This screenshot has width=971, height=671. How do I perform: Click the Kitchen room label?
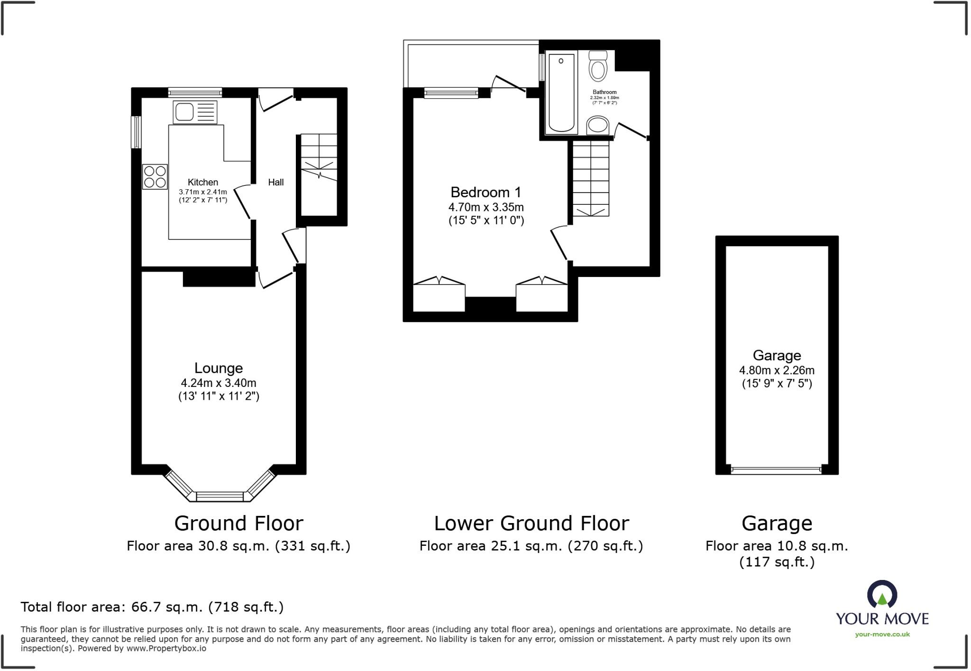[x=202, y=182]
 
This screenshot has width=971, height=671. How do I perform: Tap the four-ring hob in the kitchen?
[x=155, y=176]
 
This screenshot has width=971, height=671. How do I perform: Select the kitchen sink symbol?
[x=195, y=112]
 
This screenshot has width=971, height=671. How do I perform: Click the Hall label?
[x=275, y=182]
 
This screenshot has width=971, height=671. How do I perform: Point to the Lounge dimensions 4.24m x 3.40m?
[x=218, y=383]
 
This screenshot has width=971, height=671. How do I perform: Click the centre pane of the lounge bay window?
[x=219, y=496]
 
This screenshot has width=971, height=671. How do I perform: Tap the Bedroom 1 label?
[x=485, y=192]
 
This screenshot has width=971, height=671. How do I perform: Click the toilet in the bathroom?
[x=598, y=66]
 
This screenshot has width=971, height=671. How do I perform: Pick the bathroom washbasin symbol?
[x=597, y=126]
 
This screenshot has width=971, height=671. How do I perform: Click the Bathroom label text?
[x=605, y=92]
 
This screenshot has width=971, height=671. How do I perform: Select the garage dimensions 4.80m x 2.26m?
[x=777, y=370]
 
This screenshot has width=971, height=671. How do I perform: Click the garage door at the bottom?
[x=776, y=470]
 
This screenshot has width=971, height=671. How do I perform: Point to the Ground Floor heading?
[x=238, y=524]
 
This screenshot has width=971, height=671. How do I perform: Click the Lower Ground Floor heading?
[x=531, y=524]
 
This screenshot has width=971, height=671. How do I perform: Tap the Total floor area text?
[x=152, y=607]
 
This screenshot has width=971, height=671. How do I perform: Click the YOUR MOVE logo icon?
[x=882, y=595]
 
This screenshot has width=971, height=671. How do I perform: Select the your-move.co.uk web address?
[x=882, y=634]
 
